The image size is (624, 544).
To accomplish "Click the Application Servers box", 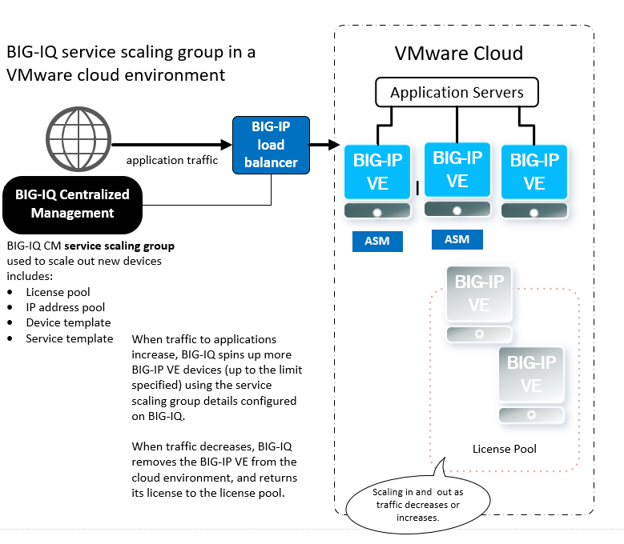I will click(457, 93).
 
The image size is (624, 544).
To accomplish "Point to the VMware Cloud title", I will click(458, 54).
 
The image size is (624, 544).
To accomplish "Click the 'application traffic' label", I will click(172, 160).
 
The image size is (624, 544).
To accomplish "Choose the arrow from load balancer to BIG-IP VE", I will click(321, 146).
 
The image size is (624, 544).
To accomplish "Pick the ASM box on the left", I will click(377, 241).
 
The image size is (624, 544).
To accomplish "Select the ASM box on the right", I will click(457, 239).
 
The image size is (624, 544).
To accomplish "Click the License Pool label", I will click(504, 449).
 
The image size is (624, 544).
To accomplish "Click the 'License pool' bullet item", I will click(58, 292).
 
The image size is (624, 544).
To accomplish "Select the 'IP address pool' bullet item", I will click(65, 307).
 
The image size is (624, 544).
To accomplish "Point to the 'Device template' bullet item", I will click(68, 322).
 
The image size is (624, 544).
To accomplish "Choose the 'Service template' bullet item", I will click(69, 338).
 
